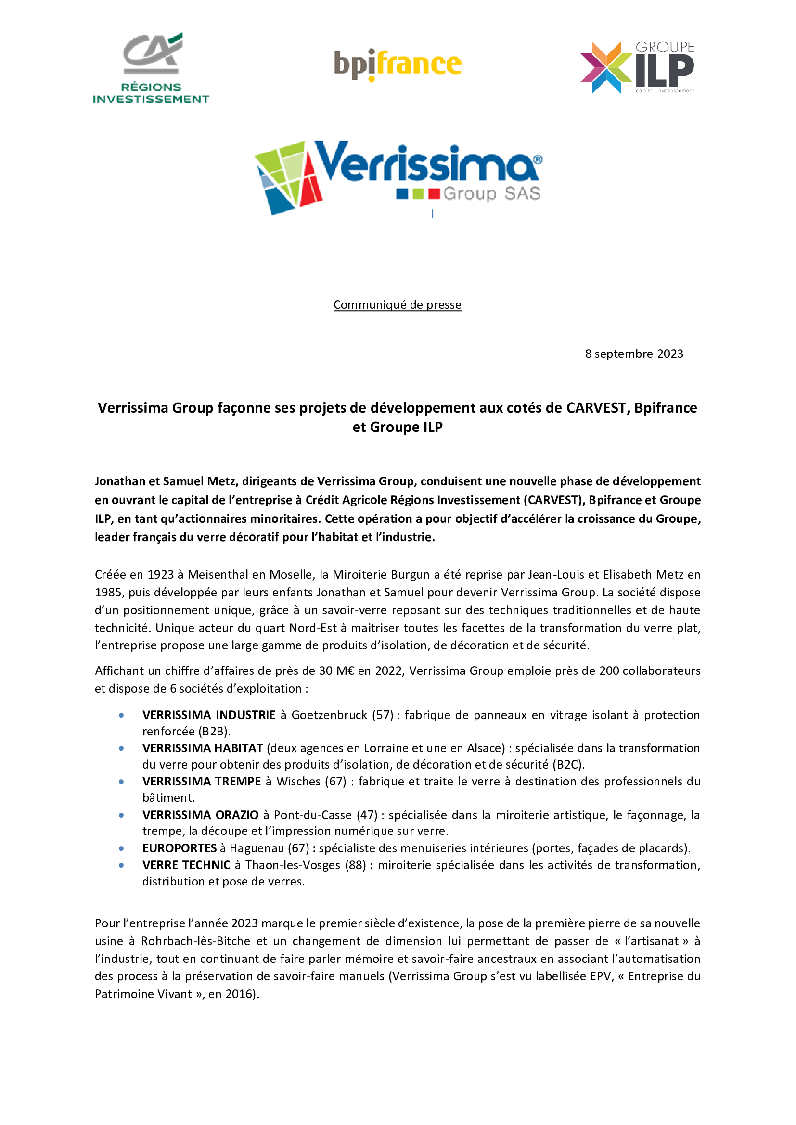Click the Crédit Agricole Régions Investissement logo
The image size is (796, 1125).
point(151,68)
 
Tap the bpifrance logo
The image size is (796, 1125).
point(398,64)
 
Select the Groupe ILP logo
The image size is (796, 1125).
point(637,68)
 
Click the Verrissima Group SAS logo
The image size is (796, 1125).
point(398,177)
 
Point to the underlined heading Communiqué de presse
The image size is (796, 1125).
point(398,305)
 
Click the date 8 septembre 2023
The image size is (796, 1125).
point(634,354)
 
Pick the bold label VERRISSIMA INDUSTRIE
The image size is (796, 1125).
point(209,715)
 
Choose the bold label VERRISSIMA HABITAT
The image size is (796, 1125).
point(203,748)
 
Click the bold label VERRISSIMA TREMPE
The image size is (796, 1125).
point(202,781)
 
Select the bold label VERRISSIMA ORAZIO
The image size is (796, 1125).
point(201,815)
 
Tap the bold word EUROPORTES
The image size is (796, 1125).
point(180,848)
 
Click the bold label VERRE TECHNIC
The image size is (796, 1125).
point(186,865)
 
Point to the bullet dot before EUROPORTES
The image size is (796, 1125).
point(121,848)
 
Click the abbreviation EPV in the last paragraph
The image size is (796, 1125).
point(601,976)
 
